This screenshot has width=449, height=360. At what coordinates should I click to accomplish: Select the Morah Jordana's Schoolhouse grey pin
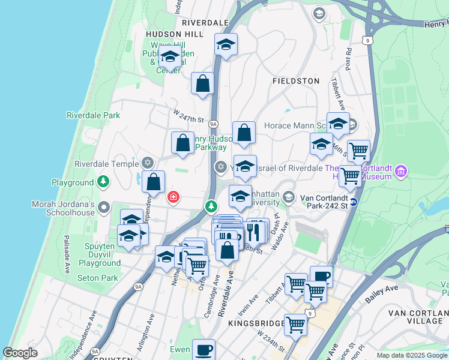pos(104,207)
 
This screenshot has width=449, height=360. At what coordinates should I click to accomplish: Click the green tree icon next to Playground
pos(104,181)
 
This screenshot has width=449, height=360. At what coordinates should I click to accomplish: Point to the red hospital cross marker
pos(173,197)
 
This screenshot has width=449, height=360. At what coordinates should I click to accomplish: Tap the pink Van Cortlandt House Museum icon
pos(401,172)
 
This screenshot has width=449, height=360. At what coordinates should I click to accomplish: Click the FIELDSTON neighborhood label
pos(296,80)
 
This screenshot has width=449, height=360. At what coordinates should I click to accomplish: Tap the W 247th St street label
pos(188,112)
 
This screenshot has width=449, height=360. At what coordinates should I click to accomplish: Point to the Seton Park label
pos(98,278)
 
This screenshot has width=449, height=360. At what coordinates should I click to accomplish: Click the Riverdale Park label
pos(93,115)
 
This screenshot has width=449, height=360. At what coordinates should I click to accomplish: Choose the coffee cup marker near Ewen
pos(203,350)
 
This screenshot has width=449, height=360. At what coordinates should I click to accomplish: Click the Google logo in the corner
pos(20,353)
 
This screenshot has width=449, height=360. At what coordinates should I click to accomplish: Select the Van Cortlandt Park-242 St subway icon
pos(354,202)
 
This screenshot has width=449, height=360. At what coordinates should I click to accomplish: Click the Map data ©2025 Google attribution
pos(412,355)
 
